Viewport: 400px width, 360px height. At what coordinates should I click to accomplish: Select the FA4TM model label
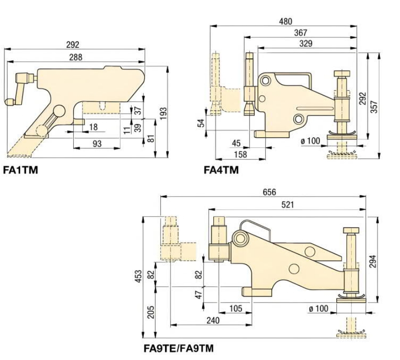221,170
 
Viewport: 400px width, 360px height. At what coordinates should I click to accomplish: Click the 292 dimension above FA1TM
73,45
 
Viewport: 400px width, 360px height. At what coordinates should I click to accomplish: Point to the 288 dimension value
75,57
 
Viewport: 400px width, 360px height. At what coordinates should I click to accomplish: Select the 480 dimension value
286,22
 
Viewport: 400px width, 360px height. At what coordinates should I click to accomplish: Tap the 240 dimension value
212,320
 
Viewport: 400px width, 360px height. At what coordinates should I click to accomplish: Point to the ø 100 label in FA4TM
310,141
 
